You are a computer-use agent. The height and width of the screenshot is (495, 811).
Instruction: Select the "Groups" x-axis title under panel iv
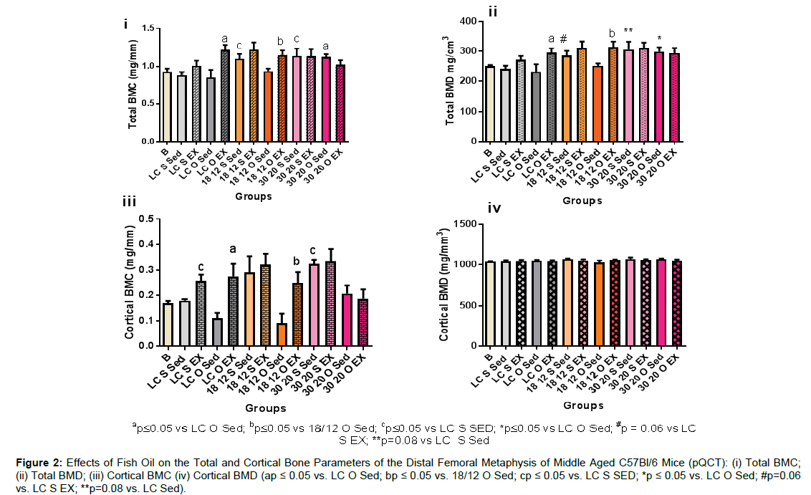tap(582, 405)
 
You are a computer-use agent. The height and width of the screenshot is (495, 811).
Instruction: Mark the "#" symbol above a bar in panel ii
tap(564, 39)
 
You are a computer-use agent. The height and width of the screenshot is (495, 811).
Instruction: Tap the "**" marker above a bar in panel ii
tap(628, 31)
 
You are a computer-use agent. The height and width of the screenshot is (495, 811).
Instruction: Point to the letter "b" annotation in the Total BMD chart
tap(612, 33)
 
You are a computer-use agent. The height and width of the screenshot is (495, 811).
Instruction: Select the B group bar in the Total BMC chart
tap(167, 107)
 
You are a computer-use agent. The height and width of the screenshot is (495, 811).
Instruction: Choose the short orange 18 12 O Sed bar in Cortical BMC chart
tap(282, 335)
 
